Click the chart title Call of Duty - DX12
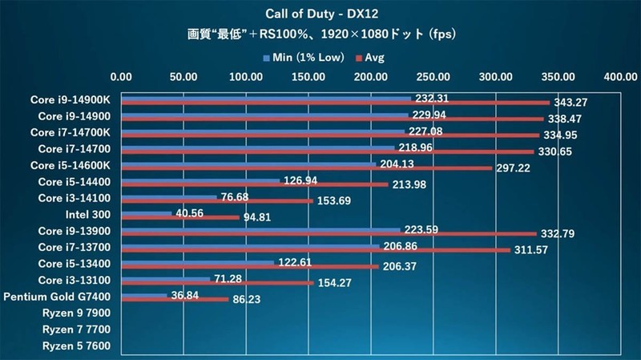(321, 15)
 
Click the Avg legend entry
(372, 58)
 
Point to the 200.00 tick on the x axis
(371, 78)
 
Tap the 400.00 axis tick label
(620, 78)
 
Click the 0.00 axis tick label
(121, 78)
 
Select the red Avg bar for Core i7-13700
(316, 250)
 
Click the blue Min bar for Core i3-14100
(168, 196)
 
